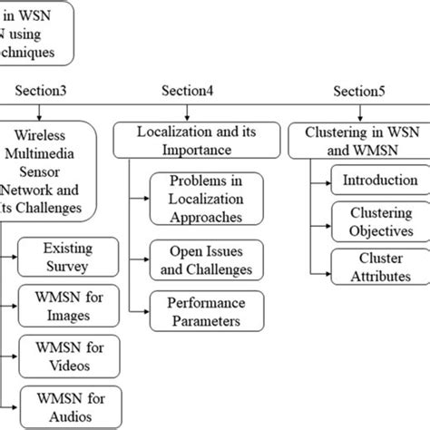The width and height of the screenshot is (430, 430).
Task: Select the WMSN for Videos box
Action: (67, 354)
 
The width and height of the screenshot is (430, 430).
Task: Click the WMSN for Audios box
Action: (67, 406)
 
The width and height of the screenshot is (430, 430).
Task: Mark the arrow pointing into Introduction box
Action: (321, 181)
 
